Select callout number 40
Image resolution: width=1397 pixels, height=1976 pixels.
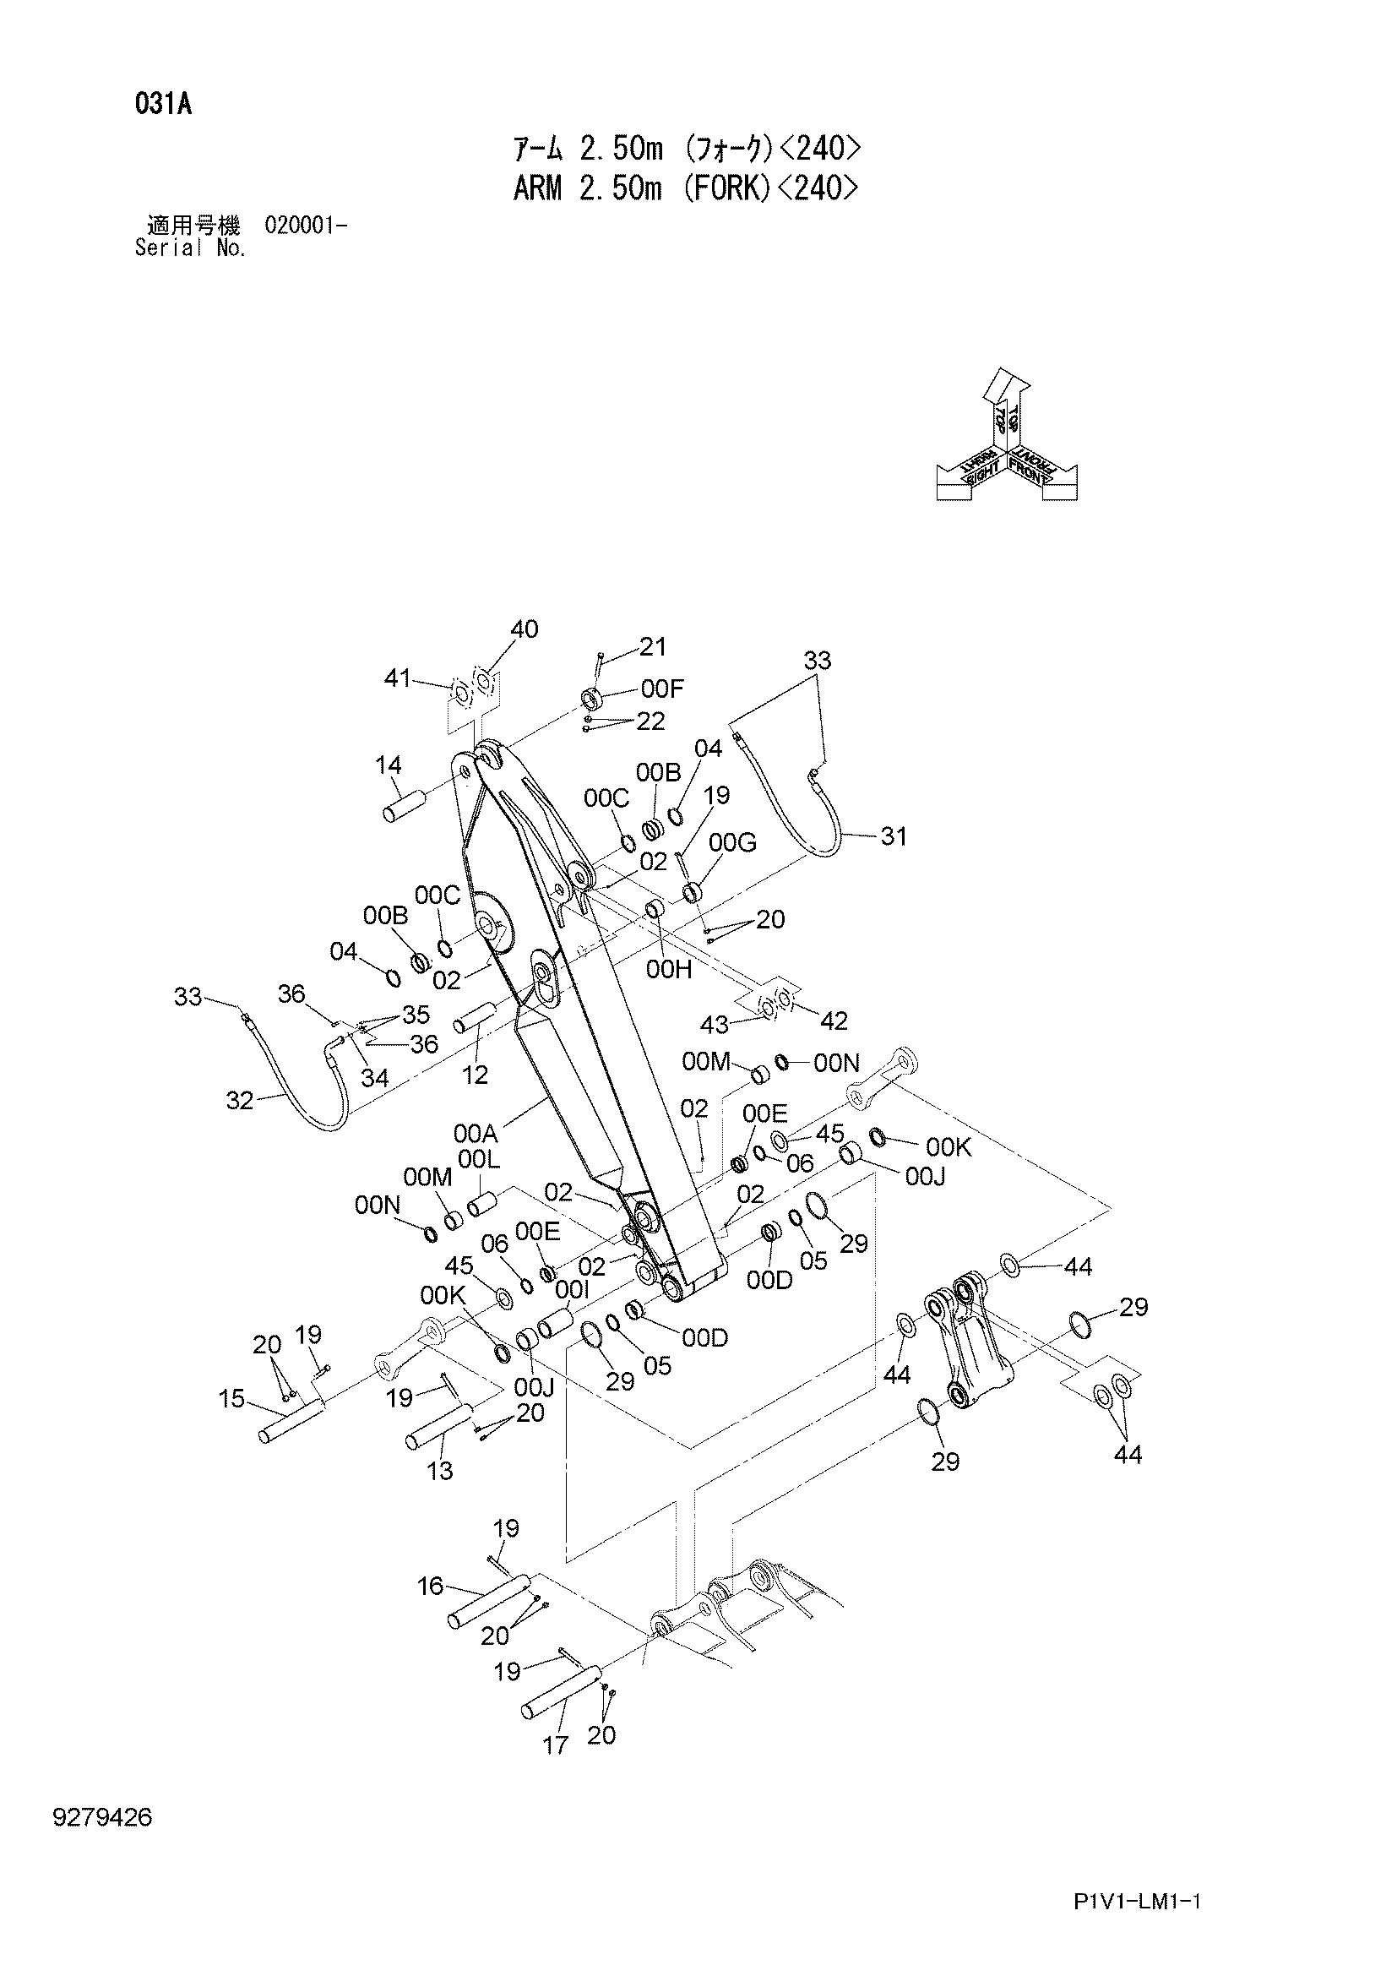[524, 630]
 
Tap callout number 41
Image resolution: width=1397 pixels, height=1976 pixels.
[398, 678]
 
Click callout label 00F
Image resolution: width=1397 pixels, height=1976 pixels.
[662, 689]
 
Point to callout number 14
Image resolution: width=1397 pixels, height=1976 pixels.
[389, 765]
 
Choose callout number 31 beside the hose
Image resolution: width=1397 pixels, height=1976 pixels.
[894, 836]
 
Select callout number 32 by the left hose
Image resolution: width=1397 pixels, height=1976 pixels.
[239, 1101]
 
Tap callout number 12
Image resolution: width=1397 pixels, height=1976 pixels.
[475, 1074]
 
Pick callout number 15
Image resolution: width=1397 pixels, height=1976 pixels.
[232, 1399]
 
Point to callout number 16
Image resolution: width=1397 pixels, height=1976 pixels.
[430, 1585]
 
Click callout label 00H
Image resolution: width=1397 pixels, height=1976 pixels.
[669, 970]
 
